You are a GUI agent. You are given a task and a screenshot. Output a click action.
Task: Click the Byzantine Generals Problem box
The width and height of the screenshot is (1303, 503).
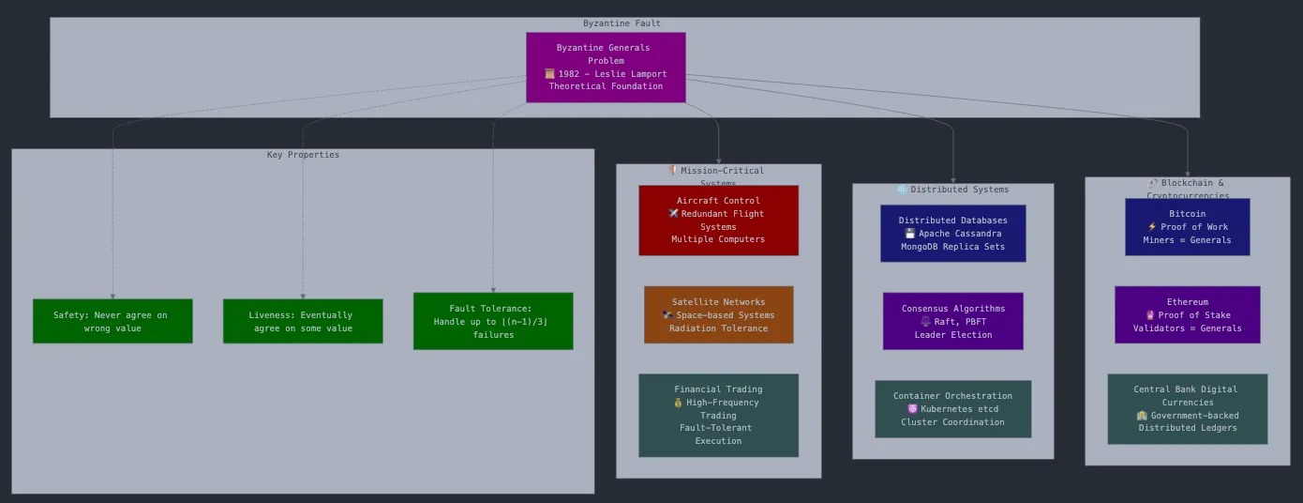pyautogui.click(x=606, y=67)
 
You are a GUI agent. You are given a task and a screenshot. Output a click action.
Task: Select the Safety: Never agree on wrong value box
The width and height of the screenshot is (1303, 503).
pyautogui.click(x=112, y=321)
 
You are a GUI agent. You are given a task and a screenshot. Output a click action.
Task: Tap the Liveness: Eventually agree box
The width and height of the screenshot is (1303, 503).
pyautogui.click(x=303, y=321)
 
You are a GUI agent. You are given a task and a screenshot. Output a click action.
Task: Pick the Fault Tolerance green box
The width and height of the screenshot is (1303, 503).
pyautogui.click(x=493, y=321)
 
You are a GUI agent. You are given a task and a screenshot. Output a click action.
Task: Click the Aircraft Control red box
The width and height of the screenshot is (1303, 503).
pyautogui.click(x=718, y=220)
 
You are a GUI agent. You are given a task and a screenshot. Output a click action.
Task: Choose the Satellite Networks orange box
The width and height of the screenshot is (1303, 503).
pyautogui.click(x=718, y=314)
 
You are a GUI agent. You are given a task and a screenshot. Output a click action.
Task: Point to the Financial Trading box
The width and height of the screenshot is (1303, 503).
pyautogui.click(x=718, y=415)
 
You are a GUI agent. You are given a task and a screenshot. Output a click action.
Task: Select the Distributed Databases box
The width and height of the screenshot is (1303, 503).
pyautogui.click(x=952, y=233)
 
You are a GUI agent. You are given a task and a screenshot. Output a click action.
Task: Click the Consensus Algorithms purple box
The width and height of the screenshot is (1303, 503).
pyautogui.click(x=952, y=321)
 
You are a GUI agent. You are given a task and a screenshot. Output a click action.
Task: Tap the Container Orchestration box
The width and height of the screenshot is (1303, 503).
pyautogui.click(x=952, y=408)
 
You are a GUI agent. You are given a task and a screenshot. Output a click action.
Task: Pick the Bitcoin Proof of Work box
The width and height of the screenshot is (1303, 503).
pyautogui.click(x=1187, y=226)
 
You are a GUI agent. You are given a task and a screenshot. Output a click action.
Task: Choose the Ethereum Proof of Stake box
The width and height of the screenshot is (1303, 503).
pyautogui.click(x=1187, y=314)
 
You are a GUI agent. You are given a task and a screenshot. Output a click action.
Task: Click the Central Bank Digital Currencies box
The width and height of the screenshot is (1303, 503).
pyautogui.click(x=1187, y=408)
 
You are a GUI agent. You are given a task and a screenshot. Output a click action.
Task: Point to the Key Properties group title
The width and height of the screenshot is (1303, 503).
pyautogui.click(x=303, y=155)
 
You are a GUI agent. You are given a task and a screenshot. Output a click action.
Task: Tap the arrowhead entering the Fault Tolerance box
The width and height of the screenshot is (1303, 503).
pyautogui.click(x=493, y=290)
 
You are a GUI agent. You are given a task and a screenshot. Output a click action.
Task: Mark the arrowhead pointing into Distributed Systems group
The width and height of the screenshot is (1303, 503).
pyautogui.click(x=953, y=179)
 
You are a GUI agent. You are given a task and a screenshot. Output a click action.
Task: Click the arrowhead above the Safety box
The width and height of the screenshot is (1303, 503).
pyautogui.click(x=112, y=296)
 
